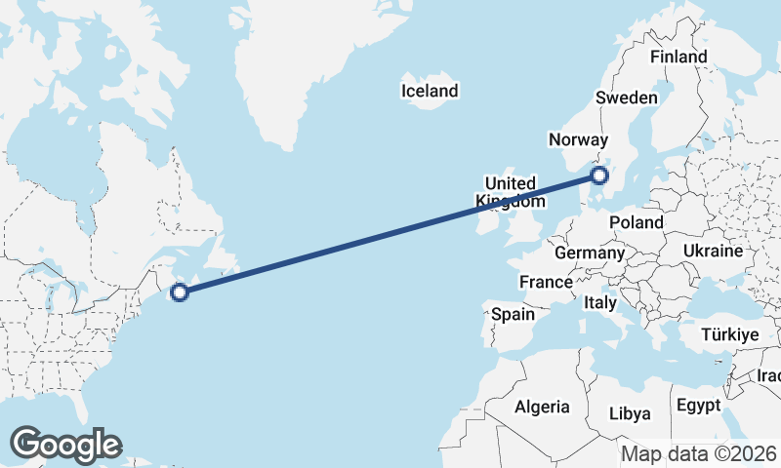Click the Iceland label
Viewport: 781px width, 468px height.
(x=430, y=91)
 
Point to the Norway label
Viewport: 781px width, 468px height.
(x=578, y=139)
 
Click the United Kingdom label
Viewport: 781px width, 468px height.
(x=511, y=192)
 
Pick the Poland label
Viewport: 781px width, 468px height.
(x=636, y=222)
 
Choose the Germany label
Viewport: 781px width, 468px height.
(x=589, y=253)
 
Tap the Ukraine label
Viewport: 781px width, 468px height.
(x=713, y=251)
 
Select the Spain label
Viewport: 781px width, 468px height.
(x=513, y=314)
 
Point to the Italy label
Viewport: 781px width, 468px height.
(x=599, y=303)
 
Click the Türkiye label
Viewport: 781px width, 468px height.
(x=730, y=334)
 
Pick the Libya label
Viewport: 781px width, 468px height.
(x=630, y=413)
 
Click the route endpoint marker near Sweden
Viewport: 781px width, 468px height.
(x=599, y=175)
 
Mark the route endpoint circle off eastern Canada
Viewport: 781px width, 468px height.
(x=180, y=292)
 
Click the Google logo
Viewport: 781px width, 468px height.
(x=65, y=445)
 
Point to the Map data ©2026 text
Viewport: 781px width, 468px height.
(x=698, y=453)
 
